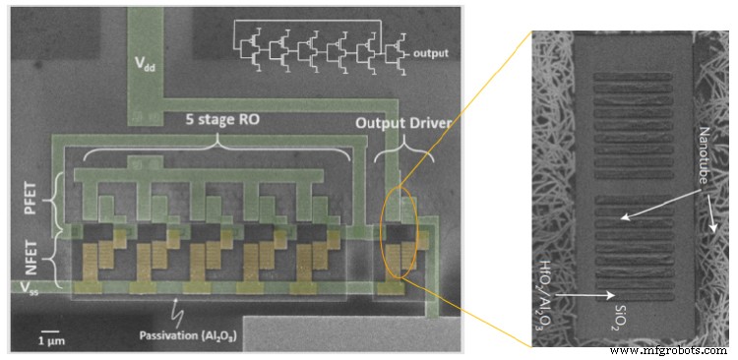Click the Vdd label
(148, 66)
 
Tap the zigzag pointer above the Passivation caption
(178, 313)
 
